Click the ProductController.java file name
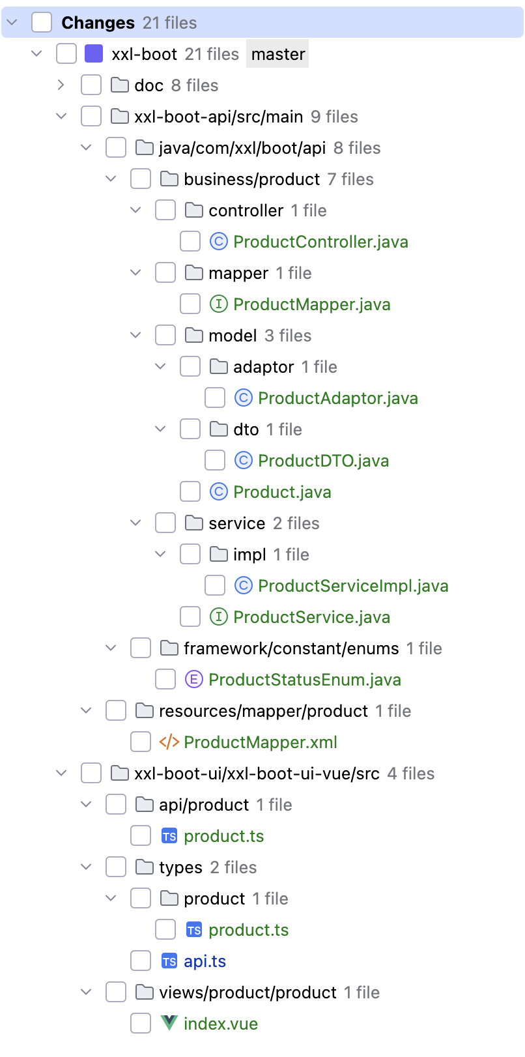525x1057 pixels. pyautogui.click(x=320, y=242)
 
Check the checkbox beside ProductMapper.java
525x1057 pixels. pyautogui.click(x=190, y=304)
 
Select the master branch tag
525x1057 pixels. pyautogui.click(x=278, y=54)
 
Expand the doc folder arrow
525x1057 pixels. pyautogui.click(x=61, y=85)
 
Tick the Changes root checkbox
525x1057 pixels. pyautogui.click(x=42, y=22)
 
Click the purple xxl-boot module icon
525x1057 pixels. pyautogui.click(x=93, y=54)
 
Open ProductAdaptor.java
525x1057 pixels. pyautogui.click(x=338, y=398)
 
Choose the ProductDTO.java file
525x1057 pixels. pyautogui.click(x=323, y=461)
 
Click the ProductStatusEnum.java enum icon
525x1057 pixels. pyautogui.click(x=194, y=680)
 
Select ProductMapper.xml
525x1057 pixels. pyautogui.click(x=261, y=742)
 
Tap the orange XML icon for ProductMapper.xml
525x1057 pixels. pyautogui.click(x=169, y=742)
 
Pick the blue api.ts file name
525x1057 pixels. pyautogui.click(x=205, y=961)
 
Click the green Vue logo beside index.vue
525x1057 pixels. pyautogui.click(x=169, y=1022)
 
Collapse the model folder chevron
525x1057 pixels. pyautogui.click(x=135, y=335)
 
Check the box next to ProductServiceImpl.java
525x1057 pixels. pyautogui.click(x=214, y=586)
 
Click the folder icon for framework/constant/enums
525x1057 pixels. pyautogui.click(x=169, y=648)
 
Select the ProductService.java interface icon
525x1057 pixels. pyautogui.click(x=218, y=616)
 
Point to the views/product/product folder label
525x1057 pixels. pyautogui.click(x=248, y=992)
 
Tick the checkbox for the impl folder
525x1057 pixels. pyautogui.click(x=190, y=554)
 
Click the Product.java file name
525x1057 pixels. pyautogui.click(x=282, y=492)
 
